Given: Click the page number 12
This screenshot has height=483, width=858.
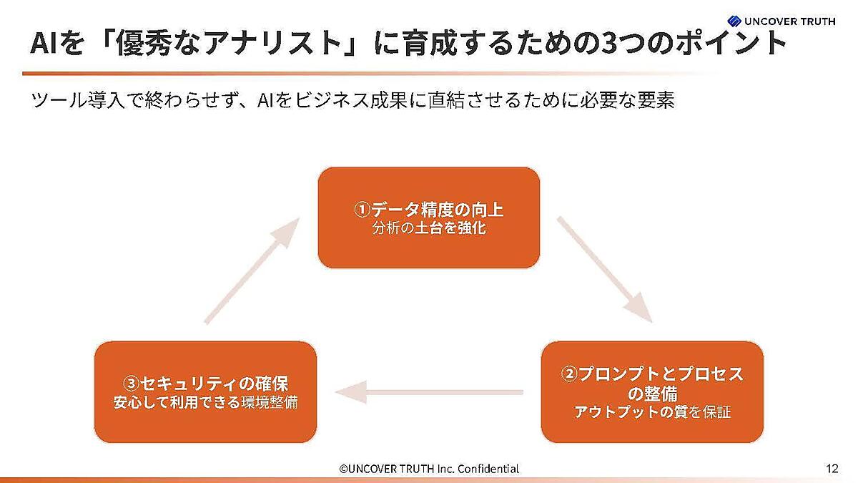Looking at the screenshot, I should [832, 469].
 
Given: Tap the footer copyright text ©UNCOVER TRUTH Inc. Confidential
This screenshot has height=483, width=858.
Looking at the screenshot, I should [429, 469].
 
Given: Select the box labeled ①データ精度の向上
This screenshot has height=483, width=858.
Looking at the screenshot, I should [429, 218].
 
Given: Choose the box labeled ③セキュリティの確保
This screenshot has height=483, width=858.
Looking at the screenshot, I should [205, 391].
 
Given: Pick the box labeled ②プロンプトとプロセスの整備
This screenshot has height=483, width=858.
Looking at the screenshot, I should [652, 391].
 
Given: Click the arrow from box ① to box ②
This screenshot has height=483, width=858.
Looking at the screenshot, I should [604, 268].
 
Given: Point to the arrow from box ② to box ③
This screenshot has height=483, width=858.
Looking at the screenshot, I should [429, 391].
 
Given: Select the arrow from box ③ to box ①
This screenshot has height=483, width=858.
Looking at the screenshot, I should [252, 270].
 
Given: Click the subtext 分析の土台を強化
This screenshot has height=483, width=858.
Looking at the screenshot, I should [429, 230].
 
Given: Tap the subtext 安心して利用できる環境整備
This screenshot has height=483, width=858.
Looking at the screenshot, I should [205, 402].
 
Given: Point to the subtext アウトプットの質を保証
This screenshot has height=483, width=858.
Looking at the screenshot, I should [653, 412].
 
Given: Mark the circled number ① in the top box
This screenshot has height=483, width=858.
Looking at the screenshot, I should [363, 210].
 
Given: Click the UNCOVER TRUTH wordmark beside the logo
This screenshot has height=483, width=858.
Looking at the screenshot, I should [790, 21].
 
